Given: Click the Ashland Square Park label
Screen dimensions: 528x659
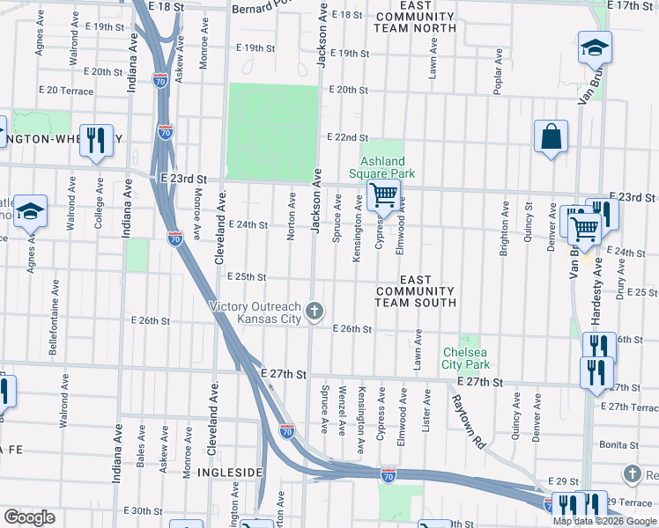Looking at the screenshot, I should [x=383, y=167].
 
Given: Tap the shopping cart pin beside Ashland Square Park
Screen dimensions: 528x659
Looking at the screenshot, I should [x=383, y=195].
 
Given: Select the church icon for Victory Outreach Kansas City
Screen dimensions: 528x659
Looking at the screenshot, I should [x=315, y=311].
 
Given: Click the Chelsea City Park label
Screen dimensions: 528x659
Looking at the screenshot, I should [x=465, y=358].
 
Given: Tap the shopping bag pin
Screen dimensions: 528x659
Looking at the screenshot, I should [x=551, y=137].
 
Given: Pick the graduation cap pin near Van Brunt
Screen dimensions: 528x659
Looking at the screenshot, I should [x=596, y=48].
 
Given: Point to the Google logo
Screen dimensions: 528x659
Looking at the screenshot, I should [x=29, y=517].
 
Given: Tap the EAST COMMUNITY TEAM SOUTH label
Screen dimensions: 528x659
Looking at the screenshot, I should [x=415, y=290].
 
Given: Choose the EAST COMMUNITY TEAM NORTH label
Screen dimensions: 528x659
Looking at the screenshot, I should [x=415, y=17].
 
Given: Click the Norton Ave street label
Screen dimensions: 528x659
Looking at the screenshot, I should [x=292, y=209].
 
